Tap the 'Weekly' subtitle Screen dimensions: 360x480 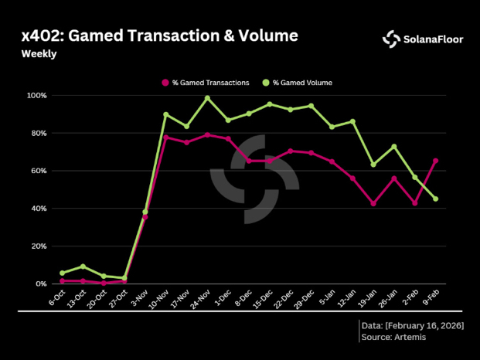[x=38, y=54]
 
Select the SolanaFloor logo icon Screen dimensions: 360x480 [x=392, y=39]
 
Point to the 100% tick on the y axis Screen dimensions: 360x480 [x=37, y=96]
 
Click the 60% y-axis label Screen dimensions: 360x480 [x=39, y=171]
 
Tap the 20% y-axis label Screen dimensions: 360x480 [x=39, y=246]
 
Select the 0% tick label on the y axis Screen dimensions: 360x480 [x=40, y=284]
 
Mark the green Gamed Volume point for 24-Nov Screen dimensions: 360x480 [x=207, y=98]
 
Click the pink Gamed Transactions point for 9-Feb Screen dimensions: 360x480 [x=436, y=161]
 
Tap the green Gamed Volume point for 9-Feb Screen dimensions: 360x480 [x=436, y=199]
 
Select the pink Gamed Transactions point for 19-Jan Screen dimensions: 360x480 [x=373, y=204]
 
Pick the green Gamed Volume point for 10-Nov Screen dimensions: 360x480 [x=166, y=114]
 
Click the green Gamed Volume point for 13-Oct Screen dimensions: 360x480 [x=83, y=267]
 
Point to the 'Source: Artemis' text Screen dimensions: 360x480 [x=393, y=338]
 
